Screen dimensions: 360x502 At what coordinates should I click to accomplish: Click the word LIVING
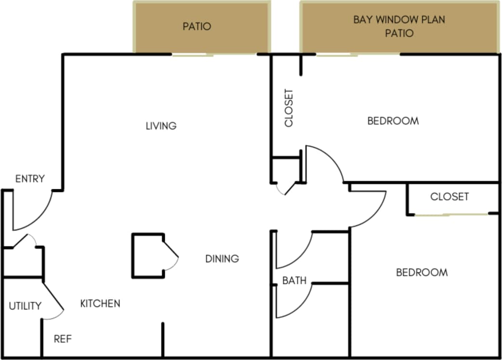161,126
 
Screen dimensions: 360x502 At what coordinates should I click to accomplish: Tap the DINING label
222,259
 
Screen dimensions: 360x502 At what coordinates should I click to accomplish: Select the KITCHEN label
100,304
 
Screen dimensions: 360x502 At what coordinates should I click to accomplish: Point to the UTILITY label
25,306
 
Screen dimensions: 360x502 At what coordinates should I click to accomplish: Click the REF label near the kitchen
63,339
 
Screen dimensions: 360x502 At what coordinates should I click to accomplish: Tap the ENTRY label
30,179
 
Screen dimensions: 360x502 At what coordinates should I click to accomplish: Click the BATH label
294,280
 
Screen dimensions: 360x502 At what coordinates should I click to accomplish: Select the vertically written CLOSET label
289,108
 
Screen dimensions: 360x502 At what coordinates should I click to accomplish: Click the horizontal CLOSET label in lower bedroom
449,197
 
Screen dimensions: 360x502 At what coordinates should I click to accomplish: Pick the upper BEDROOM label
393,121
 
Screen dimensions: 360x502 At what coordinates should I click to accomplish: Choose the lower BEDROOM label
422,273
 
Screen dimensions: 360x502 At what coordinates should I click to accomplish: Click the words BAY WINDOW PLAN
399,20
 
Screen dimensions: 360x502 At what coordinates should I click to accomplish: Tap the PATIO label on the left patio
197,26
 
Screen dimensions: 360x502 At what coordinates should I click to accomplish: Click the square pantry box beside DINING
148,255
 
